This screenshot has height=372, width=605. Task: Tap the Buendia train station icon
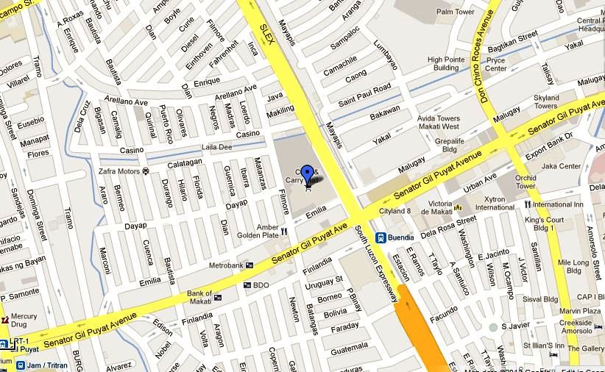pos(381,237)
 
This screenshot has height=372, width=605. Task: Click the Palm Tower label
pos(455,12)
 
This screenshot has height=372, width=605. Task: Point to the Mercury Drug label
pos(24,320)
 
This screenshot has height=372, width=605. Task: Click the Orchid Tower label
pos(526,182)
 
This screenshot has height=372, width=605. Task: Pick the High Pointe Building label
pos(445,63)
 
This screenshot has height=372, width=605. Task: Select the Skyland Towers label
pos(546,101)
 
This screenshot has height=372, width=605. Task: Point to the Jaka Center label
pos(561,166)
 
